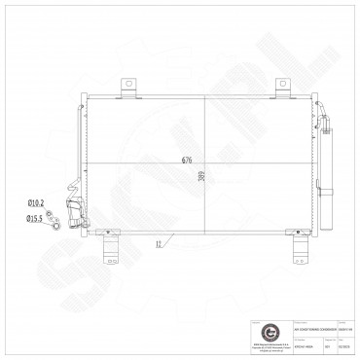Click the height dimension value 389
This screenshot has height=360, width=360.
[200, 177]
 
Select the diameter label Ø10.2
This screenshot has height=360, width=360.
[36, 202]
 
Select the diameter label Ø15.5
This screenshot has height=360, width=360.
[35, 220]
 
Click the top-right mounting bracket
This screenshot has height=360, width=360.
[284, 88]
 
